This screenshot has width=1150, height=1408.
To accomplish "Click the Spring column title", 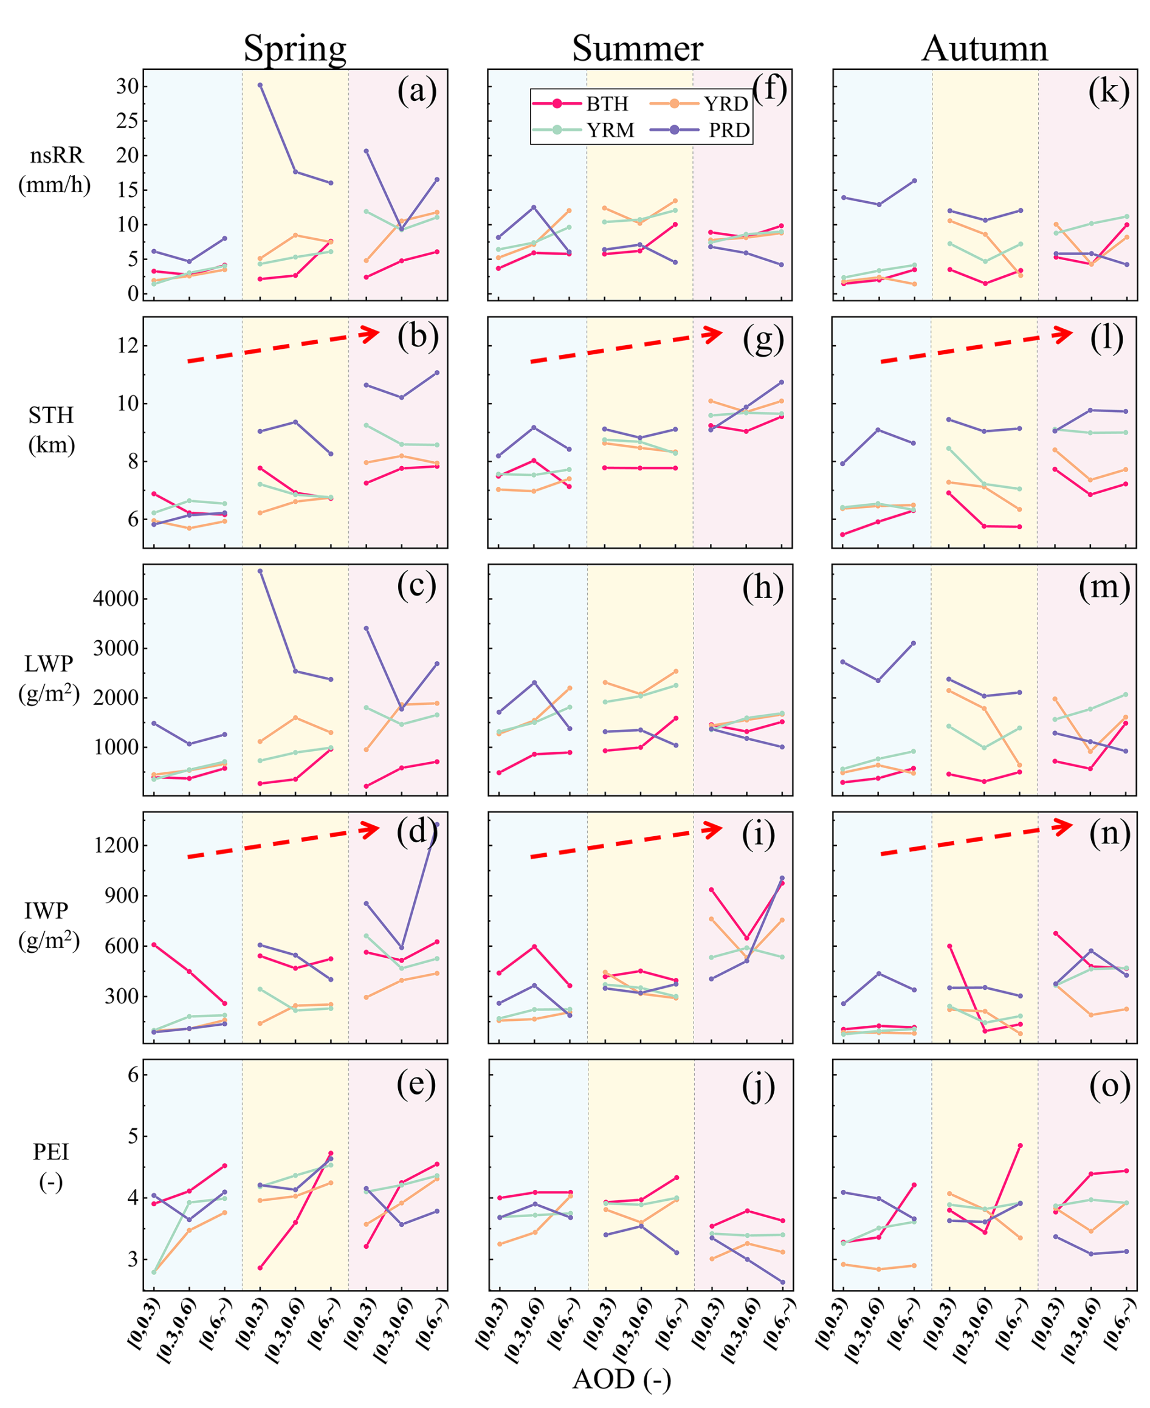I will pos(295,49).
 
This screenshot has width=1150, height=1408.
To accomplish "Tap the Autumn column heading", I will pos(985,49).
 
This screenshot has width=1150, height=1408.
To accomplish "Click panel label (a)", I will pos(417,91).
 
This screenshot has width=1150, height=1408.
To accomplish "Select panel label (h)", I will pos(762,587).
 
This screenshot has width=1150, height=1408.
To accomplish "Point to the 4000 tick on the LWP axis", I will pos(117,599).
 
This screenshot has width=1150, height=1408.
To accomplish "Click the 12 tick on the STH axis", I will pos(129,346).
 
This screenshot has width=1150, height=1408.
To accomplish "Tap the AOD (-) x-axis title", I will pos(621,1379).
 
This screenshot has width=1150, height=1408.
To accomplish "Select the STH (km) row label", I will pos(51,430).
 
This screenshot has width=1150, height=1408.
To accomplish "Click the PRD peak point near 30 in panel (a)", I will pos(260,84).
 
